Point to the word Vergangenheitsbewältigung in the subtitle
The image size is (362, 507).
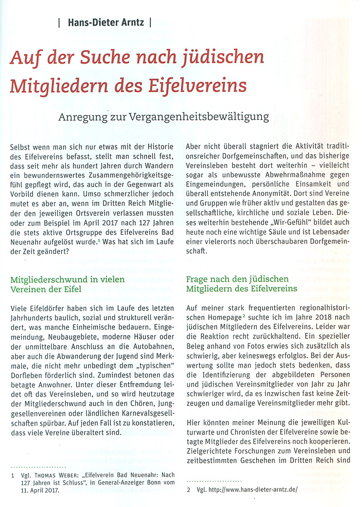[206, 117]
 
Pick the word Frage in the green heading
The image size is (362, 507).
[198, 279]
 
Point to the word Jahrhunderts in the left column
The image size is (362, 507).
[35, 318]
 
